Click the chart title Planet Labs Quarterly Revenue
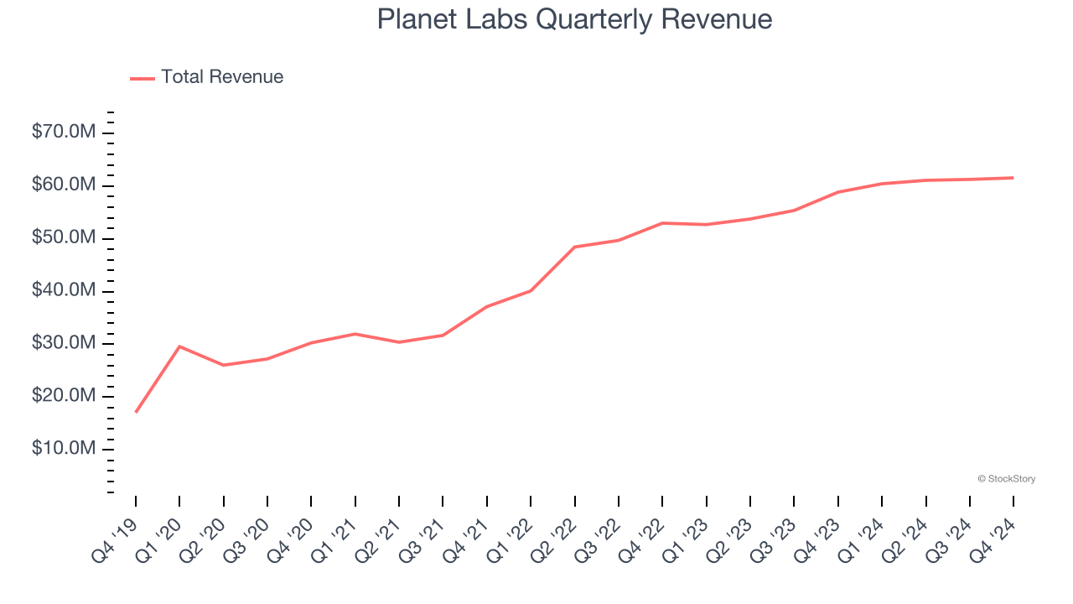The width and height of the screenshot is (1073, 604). [574, 18]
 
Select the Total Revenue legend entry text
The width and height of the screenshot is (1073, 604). [222, 77]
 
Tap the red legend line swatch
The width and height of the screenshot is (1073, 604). [143, 78]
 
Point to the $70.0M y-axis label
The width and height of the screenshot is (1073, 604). [64, 133]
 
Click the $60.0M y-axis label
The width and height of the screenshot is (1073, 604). [64, 185]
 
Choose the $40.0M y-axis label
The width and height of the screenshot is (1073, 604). [64, 291]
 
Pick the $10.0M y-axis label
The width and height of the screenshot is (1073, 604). [64, 450]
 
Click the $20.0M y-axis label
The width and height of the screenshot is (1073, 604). [64, 397]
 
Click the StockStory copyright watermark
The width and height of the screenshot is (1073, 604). [1006, 479]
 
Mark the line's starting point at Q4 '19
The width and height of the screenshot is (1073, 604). [136, 412]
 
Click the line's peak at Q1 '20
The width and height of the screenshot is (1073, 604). [179, 346]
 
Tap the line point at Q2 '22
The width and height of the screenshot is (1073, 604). [575, 247]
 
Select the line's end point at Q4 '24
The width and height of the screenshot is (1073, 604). [1013, 178]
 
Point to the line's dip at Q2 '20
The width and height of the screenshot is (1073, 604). [224, 365]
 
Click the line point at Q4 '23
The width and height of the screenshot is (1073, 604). [838, 192]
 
